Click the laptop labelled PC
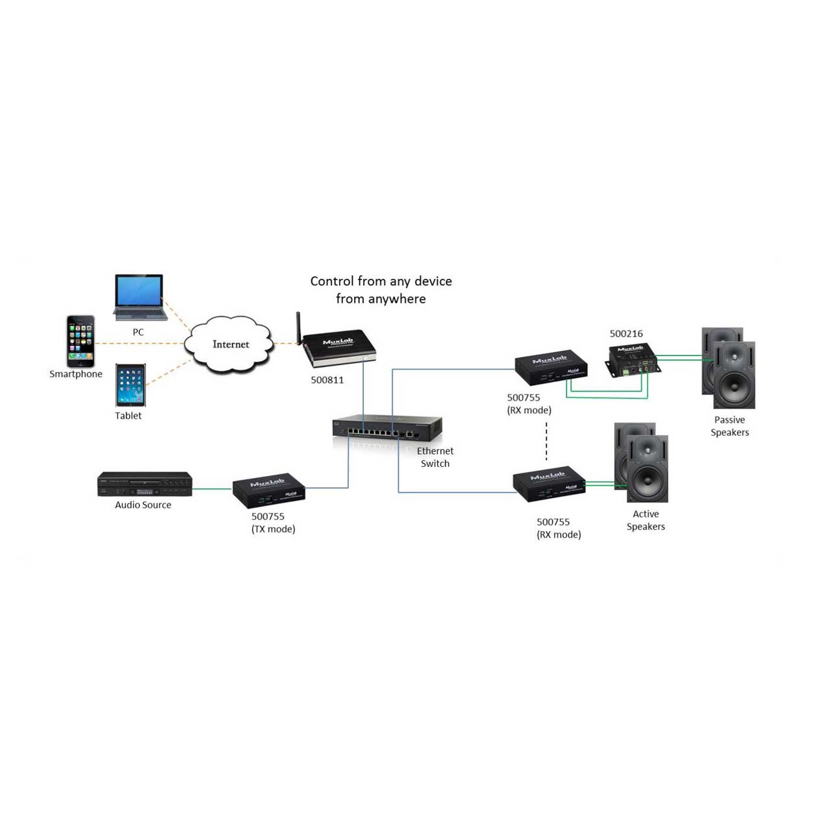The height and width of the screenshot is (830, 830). point(140,297)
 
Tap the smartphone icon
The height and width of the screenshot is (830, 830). point(80,341)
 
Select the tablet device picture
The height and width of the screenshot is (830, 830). point(130,385)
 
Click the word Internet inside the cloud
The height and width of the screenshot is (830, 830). point(231,344)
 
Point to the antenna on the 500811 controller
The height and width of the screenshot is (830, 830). point(298,328)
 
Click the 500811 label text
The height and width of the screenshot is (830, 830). point(327,380)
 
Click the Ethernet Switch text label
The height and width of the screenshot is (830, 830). point(435,457)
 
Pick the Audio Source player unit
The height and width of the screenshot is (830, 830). point(145,484)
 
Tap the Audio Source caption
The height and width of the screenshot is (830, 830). point(143,504)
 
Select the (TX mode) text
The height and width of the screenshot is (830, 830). point(273,529)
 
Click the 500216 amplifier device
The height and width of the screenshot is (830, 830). point(632,361)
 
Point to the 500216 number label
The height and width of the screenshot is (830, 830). point(626,333)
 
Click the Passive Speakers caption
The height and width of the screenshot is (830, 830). point(729,426)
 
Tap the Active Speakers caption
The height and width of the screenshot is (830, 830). point(646,520)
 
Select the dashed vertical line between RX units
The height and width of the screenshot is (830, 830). point(546,442)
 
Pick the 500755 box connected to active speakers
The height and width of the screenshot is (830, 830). point(549,484)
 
